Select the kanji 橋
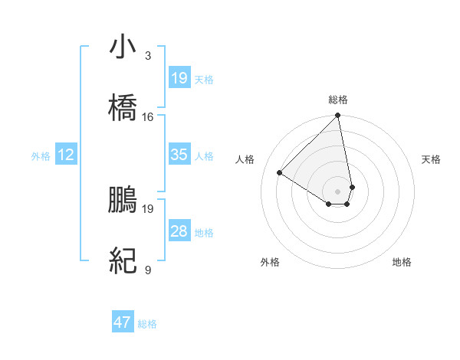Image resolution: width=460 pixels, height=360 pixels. (x=123, y=108)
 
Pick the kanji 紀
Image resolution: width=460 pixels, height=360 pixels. (x=123, y=261)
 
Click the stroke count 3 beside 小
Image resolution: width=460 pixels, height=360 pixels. (x=147, y=56)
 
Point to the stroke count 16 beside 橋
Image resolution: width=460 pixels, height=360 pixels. (x=148, y=117)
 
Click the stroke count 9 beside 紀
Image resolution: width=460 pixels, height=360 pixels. (x=147, y=270)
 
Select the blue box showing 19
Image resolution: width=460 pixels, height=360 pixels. (x=179, y=78)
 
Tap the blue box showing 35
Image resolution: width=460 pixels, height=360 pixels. (x=179, y=155)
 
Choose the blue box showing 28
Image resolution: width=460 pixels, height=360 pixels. (x=179, y=231)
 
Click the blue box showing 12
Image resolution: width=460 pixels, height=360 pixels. (x=66, y=155)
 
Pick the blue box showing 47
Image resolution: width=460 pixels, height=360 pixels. (x=123, y=322)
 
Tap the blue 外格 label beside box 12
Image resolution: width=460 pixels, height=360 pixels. (x=41, y=156)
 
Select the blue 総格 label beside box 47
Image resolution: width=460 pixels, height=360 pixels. (x=147, y=324)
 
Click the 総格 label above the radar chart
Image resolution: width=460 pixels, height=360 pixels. (x=338, y=100)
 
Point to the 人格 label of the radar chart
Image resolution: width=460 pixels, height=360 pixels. (x=245, y=159)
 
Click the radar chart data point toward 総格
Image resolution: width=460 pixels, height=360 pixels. (x=337, y=116)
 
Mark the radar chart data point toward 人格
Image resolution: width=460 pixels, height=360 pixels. (x=280, y=172)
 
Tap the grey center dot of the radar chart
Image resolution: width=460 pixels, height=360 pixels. (x=337, y=191)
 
